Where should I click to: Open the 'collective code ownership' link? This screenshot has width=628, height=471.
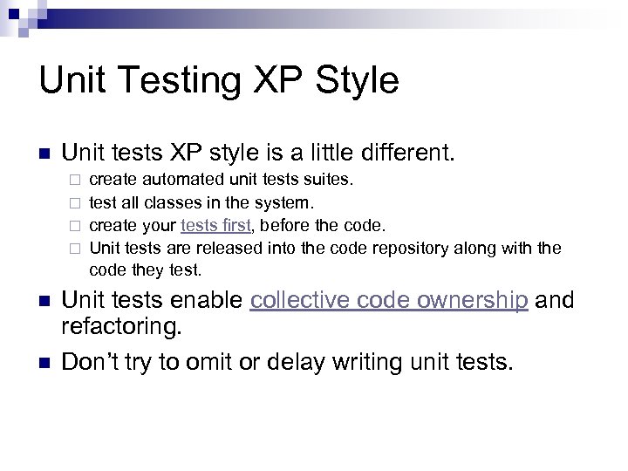[x=388, y=301]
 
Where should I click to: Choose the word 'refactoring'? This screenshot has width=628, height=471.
[x=122, y=328]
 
